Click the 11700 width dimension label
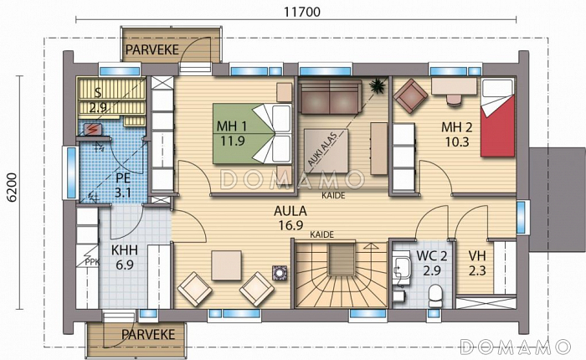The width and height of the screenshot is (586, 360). point(301,12)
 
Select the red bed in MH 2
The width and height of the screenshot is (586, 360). point(498,118)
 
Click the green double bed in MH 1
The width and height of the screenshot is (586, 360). point(252,133)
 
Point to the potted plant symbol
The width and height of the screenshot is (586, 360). point(377,86)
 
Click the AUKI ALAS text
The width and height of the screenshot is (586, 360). point(322,149)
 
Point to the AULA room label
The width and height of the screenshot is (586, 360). point(290,211)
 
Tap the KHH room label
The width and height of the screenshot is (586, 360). point(125,249)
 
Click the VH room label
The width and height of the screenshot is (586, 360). point(477,256)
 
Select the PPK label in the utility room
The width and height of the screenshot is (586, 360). point(92,262)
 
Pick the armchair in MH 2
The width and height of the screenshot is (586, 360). point(410,96)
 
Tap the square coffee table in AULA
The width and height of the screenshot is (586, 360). point(226,265)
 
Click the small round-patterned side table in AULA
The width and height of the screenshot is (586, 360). point(280,273)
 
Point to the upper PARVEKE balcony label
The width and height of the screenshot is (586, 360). point(152,49)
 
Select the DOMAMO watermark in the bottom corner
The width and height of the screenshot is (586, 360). point(516,347)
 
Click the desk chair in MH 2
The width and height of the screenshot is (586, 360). point(454,100)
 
